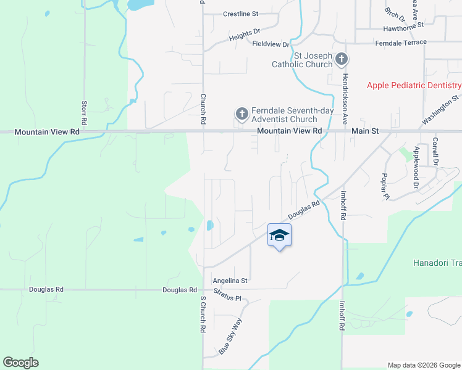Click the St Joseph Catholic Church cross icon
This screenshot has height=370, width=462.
pos(342,60)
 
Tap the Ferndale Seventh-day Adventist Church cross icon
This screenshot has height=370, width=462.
pos(241,114)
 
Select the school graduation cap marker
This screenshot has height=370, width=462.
pos(279,235)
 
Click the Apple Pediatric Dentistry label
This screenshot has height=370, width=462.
pos(414,85)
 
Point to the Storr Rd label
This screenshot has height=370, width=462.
pos(85,110)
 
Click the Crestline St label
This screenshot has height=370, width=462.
pos(240,14)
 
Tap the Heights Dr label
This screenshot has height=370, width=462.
pos(245,36)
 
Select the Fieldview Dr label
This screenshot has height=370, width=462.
pos(271,44)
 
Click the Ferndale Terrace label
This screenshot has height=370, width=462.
pos(400,42)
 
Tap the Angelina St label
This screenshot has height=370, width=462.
pos(230,280)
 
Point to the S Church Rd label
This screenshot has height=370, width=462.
pos(202,314)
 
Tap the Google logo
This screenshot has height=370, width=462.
pos(20,363)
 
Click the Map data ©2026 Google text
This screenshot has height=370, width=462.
pos(423,365)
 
